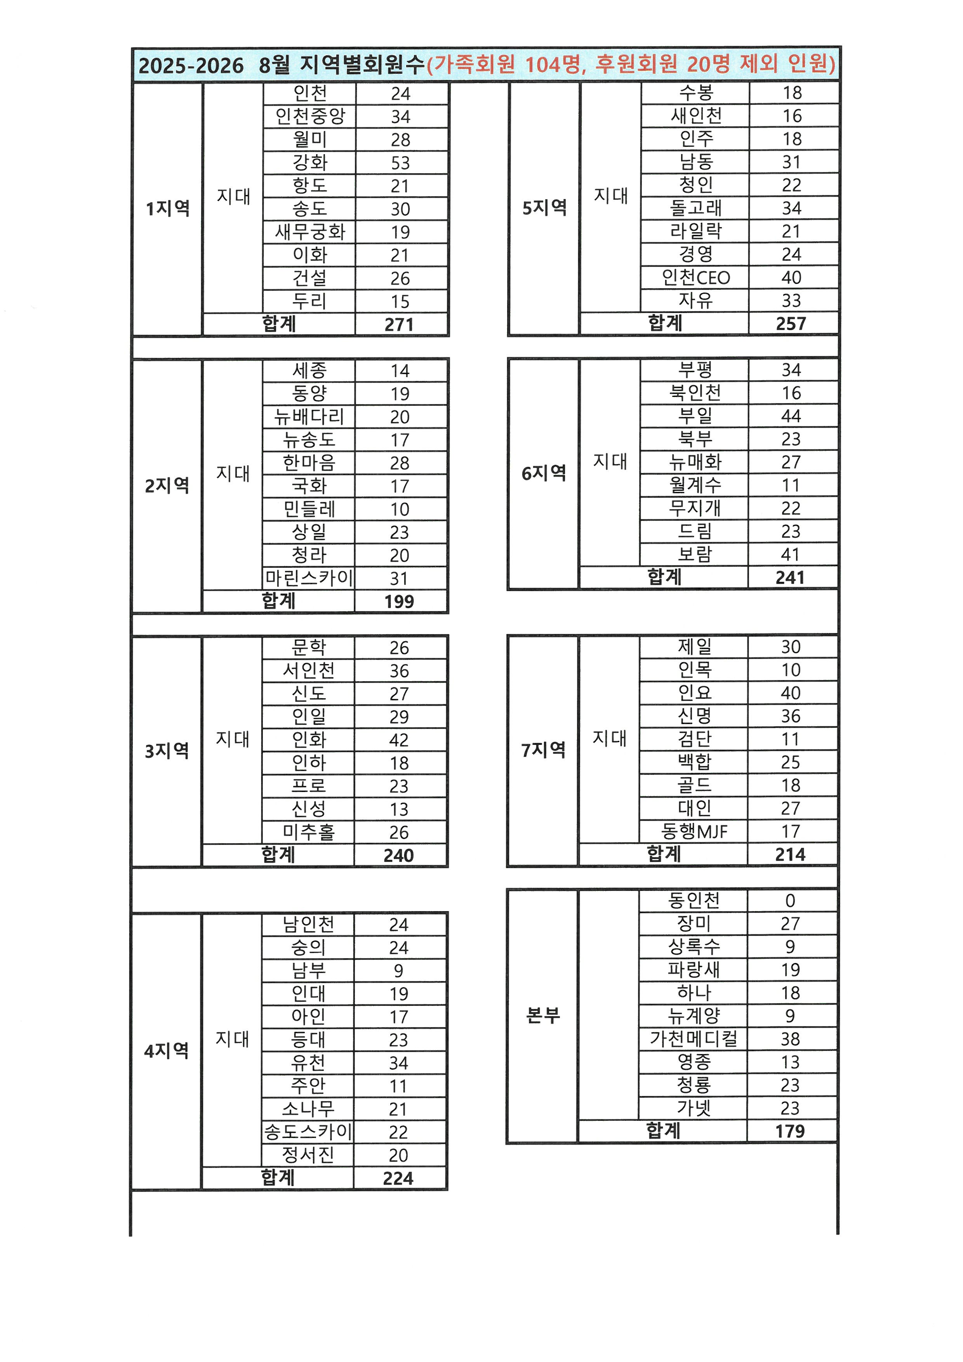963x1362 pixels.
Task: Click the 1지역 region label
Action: pyautogui.click(x=168, y=208)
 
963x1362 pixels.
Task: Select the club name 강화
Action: pyautogui.click(x=309, y=162)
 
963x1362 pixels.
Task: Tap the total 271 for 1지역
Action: pyautogui.click(x=399, y=325)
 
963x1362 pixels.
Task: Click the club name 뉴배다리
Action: pyautogui.click(x=309, y=416)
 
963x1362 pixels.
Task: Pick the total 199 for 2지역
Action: pyautogui.click(x=399, y=602)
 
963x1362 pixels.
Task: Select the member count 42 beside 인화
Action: pyautogui.click(x=399, y=740)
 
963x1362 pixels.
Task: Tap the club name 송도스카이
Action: pyautogui.click(x=308, y=1131)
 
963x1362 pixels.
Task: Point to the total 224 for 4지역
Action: pyautogui.click(x=398, y=1178)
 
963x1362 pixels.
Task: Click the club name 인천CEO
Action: pyautogui.click(x=695, y=277)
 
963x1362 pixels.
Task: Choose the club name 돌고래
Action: pyautogui.click(x=695, y=208)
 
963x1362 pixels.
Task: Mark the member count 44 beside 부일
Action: pyautogui.click(x=791, y=416)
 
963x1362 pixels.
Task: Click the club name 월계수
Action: pyautogui.click(x=695, y=485)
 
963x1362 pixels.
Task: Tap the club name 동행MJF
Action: pyautogui.click(x=694, y=831)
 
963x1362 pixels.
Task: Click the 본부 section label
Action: pyautogui.click(x=543, y=1015)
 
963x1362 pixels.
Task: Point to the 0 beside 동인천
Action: pyautogui.click(x=790, y=901)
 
